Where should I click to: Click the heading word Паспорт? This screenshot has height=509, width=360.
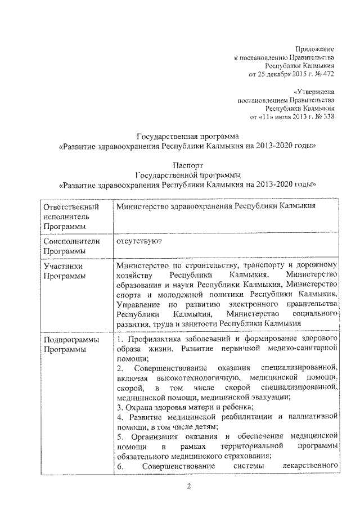click(x=188, y=165)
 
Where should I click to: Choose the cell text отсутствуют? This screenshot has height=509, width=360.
click(x=139, y=241)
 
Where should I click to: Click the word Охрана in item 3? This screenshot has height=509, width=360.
click(x=137, y=406)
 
